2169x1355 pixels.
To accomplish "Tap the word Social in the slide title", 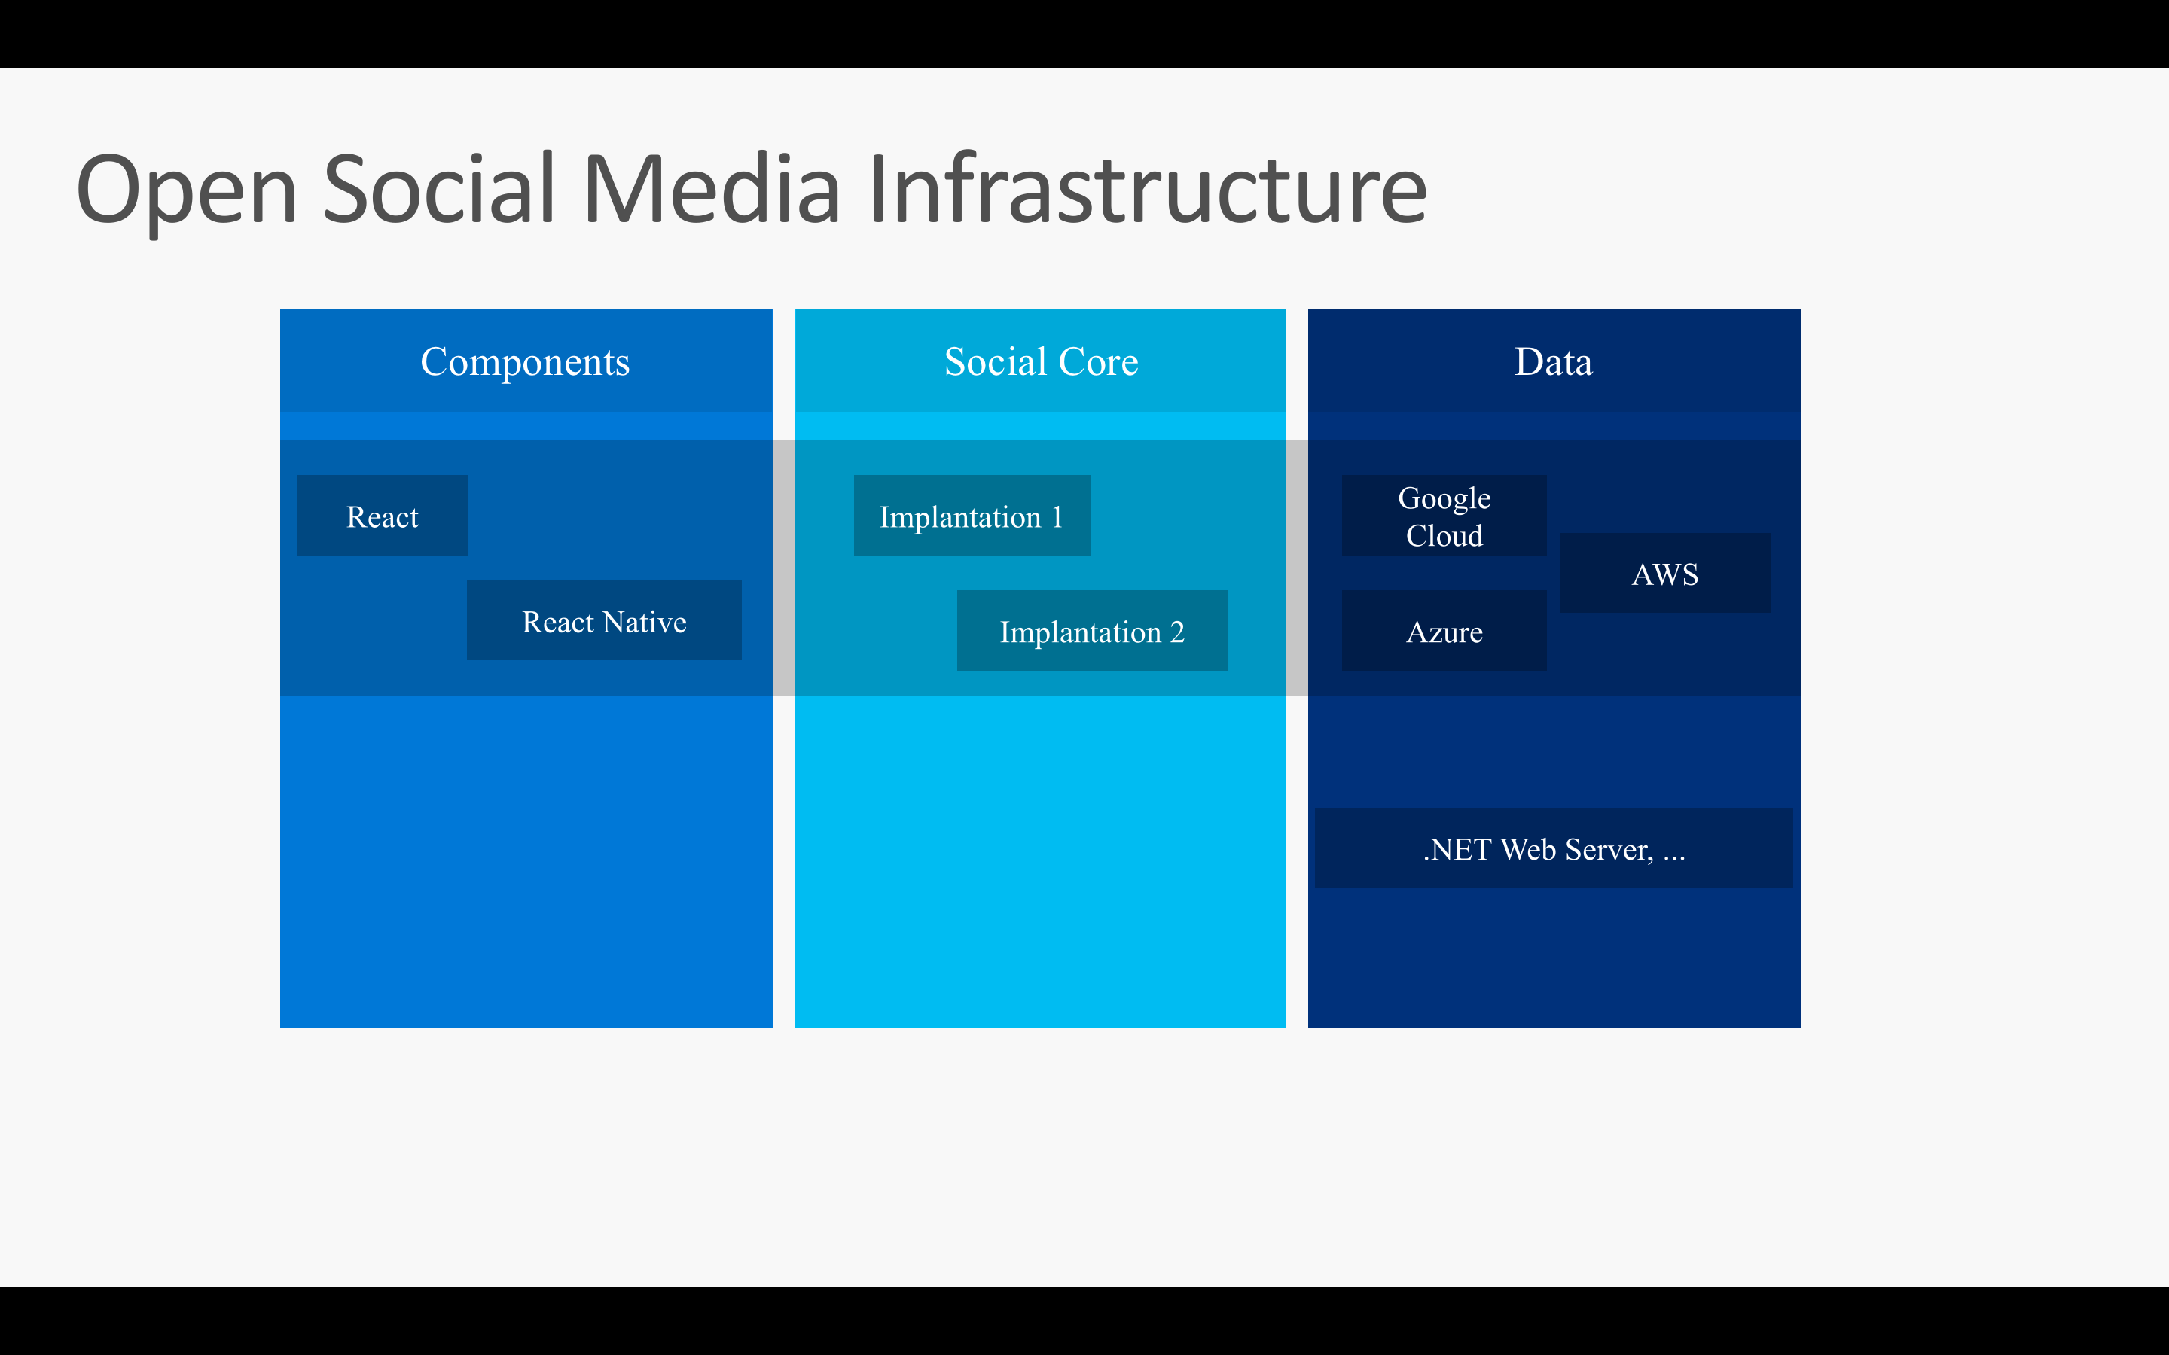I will click(439, 190).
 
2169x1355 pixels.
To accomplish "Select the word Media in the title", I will click(712, 190).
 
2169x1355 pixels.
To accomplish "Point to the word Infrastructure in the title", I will click(1147, 190).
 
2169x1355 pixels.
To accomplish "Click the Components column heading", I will click(525, 362).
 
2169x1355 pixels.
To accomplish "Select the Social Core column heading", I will click(1041, 362).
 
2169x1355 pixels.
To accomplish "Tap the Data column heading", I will click(1553, 362).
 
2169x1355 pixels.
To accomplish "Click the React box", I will click(382, 516).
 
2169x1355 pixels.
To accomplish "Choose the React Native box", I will click(604, 621).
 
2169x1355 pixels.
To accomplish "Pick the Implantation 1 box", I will click(972, 516).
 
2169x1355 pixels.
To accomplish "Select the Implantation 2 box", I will click(1092, 631).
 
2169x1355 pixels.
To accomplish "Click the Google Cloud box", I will click(1444, 516).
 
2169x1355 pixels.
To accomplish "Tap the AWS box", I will click(1664, 574).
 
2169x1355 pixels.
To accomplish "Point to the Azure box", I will click(1444, 631).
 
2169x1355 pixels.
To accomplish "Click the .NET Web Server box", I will click(1553, 848).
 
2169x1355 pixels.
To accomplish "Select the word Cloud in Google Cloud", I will click(1444, 536).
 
